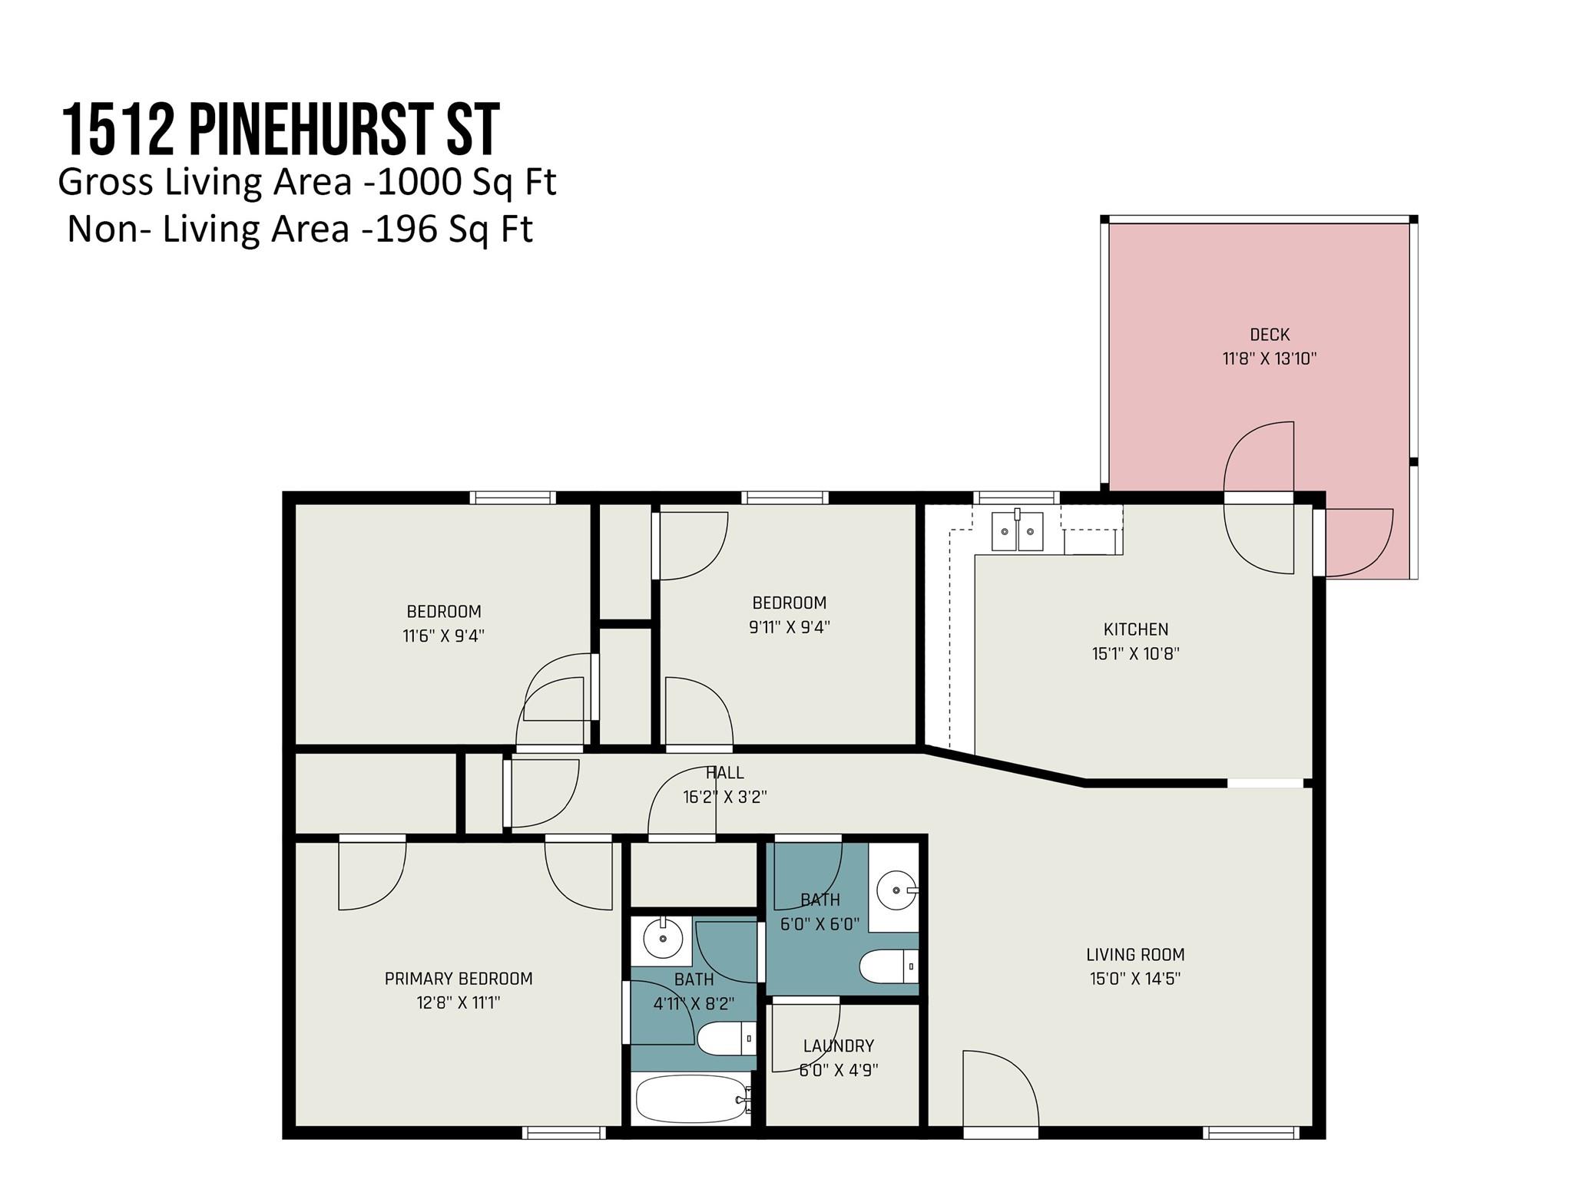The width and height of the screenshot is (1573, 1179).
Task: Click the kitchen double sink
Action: [x=1018, y=532]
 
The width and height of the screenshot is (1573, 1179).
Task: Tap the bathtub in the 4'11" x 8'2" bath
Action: [x=690, y=1099]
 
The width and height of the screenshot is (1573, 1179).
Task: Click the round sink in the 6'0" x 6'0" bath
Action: [x=896, y=890]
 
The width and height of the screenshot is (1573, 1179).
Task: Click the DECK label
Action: [x=1269, y=335]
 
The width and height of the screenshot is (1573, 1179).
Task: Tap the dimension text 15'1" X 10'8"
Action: [x=1135, y=654]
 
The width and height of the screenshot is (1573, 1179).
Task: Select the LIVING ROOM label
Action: [x=1134, y=955]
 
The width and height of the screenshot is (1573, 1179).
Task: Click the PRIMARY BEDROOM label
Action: [x=459, y=979]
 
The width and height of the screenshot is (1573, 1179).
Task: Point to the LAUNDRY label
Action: [x=838, y=1045]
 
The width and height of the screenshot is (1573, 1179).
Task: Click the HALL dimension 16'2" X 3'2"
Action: [x=724, y=798]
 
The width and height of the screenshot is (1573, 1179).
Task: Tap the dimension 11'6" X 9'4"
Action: [x=443, y=636]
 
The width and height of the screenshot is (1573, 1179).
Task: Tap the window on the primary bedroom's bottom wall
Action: [x=564, y=1132]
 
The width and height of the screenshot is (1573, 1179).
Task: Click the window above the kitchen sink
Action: [x=1016, y=497]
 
